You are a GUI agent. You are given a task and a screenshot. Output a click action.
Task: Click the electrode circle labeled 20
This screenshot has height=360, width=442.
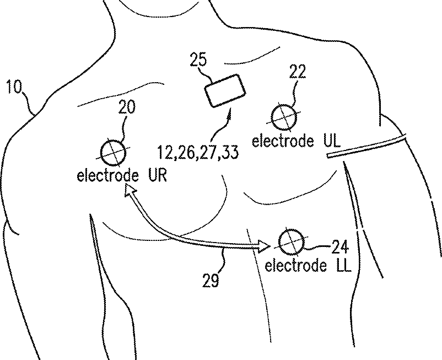coord(113,151)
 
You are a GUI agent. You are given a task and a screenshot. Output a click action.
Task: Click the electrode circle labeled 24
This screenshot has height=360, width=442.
coord(290,241)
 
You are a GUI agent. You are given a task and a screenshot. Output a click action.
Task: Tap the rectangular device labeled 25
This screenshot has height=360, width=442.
coord(225,90)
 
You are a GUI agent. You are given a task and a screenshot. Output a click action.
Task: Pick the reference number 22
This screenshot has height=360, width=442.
coord(298,71)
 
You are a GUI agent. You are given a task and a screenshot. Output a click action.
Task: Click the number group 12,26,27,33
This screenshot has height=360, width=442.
coord(197,152)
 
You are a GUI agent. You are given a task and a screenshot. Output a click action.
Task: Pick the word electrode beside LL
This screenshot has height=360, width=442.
coord(295,266)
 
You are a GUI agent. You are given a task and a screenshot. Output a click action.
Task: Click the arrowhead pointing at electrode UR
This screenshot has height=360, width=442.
coord(130,191)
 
